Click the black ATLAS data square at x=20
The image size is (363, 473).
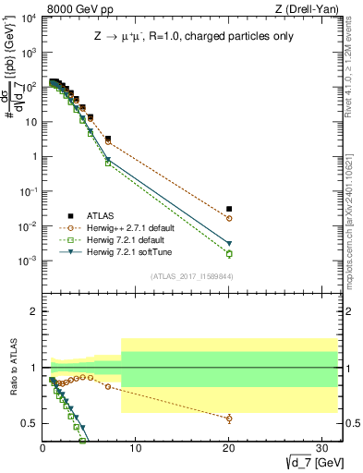click(229, 209)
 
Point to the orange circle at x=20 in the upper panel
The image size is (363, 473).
click(229, 218)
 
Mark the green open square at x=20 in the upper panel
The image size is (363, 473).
click(229, 254)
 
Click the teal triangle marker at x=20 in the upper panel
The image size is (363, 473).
click(229, 244)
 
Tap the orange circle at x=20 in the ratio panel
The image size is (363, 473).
click(229, 418)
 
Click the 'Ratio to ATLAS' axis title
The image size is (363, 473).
click(13, 367)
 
